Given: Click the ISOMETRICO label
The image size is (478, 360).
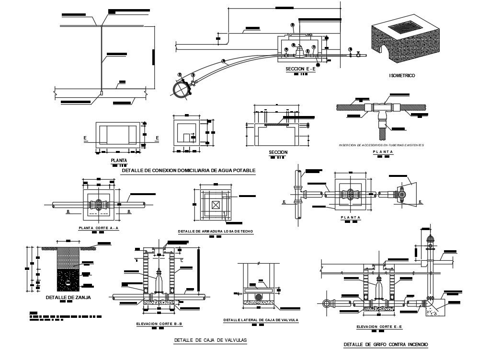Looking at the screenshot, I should tap(402, 76).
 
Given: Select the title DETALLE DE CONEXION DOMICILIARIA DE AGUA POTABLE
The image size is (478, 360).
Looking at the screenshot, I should tap(189, 171).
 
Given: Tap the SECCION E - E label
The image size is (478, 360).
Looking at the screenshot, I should tap(300, 69).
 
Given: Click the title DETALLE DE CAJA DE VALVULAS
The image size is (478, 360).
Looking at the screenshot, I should tap(210, 340).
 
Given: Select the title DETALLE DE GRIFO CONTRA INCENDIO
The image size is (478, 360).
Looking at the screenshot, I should tap(386, 345).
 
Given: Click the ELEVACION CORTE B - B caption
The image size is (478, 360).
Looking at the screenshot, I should tap(159, 324).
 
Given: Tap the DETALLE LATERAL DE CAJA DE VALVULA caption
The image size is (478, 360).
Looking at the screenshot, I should tap(261, 320).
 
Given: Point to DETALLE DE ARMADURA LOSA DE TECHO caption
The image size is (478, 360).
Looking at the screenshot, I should tap(215, 231).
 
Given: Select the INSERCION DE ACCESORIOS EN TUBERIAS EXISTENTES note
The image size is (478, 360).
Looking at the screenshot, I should tap(381, 145).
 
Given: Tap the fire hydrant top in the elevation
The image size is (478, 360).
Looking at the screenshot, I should tap(430, 240).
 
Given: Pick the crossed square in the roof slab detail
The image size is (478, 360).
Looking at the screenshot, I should tap(216, 205).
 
